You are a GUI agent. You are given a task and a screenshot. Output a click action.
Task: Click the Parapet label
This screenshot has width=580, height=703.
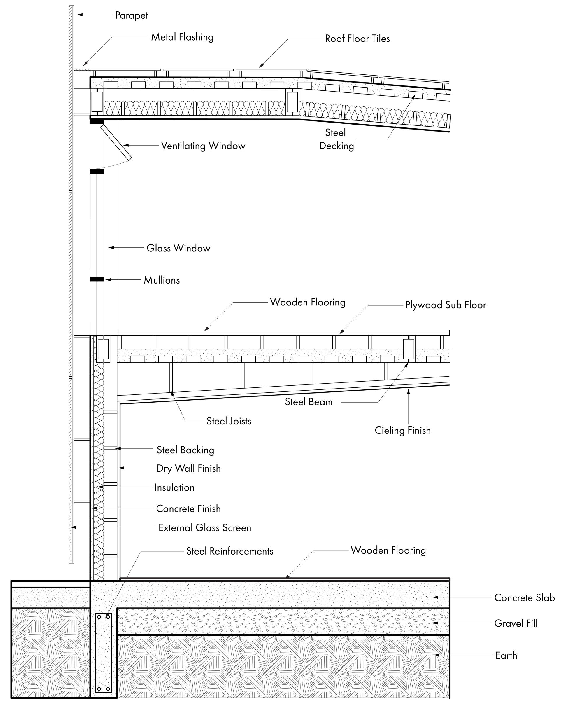(x=131, y=15)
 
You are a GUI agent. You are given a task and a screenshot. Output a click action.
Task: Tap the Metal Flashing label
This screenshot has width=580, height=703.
(x=182, y=37)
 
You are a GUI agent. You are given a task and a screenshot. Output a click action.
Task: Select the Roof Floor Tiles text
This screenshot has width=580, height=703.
(x=357, y=39)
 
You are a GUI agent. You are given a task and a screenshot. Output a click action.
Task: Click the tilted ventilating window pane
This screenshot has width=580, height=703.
(x=117, y=142)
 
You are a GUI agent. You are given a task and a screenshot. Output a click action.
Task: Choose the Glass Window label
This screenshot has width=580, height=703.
(x=178, y=248)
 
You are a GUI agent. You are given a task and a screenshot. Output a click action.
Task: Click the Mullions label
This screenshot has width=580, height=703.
(x=162, y=280)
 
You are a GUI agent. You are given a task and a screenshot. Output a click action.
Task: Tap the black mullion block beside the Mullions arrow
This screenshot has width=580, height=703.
(x=97, y=279)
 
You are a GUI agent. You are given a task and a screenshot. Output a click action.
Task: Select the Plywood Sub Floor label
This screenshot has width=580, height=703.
(x=445, y=305)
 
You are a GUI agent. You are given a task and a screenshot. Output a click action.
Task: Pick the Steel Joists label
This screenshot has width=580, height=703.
(x=229, y=421)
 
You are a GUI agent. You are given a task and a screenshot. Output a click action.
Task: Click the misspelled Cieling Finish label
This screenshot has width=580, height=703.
(x=403, y=430)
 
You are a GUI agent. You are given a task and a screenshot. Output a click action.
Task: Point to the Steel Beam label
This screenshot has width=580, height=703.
(x=309, y=402)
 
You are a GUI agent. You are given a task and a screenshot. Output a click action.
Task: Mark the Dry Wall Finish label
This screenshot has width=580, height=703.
(x=188, y=468)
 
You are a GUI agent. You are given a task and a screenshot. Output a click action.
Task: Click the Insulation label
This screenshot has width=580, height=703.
(x=174, y=487)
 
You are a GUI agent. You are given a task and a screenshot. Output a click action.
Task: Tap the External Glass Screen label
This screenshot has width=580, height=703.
(x=204, y=528)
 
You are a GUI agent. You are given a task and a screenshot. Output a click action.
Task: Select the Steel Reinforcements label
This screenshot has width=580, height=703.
(x=229, y=551)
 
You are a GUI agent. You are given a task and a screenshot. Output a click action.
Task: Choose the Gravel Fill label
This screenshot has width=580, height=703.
(x=516, y=623)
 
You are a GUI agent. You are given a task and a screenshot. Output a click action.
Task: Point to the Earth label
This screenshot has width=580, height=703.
(x=506, y=655)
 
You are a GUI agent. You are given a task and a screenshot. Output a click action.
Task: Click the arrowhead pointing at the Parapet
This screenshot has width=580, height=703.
(x=80, y=15)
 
